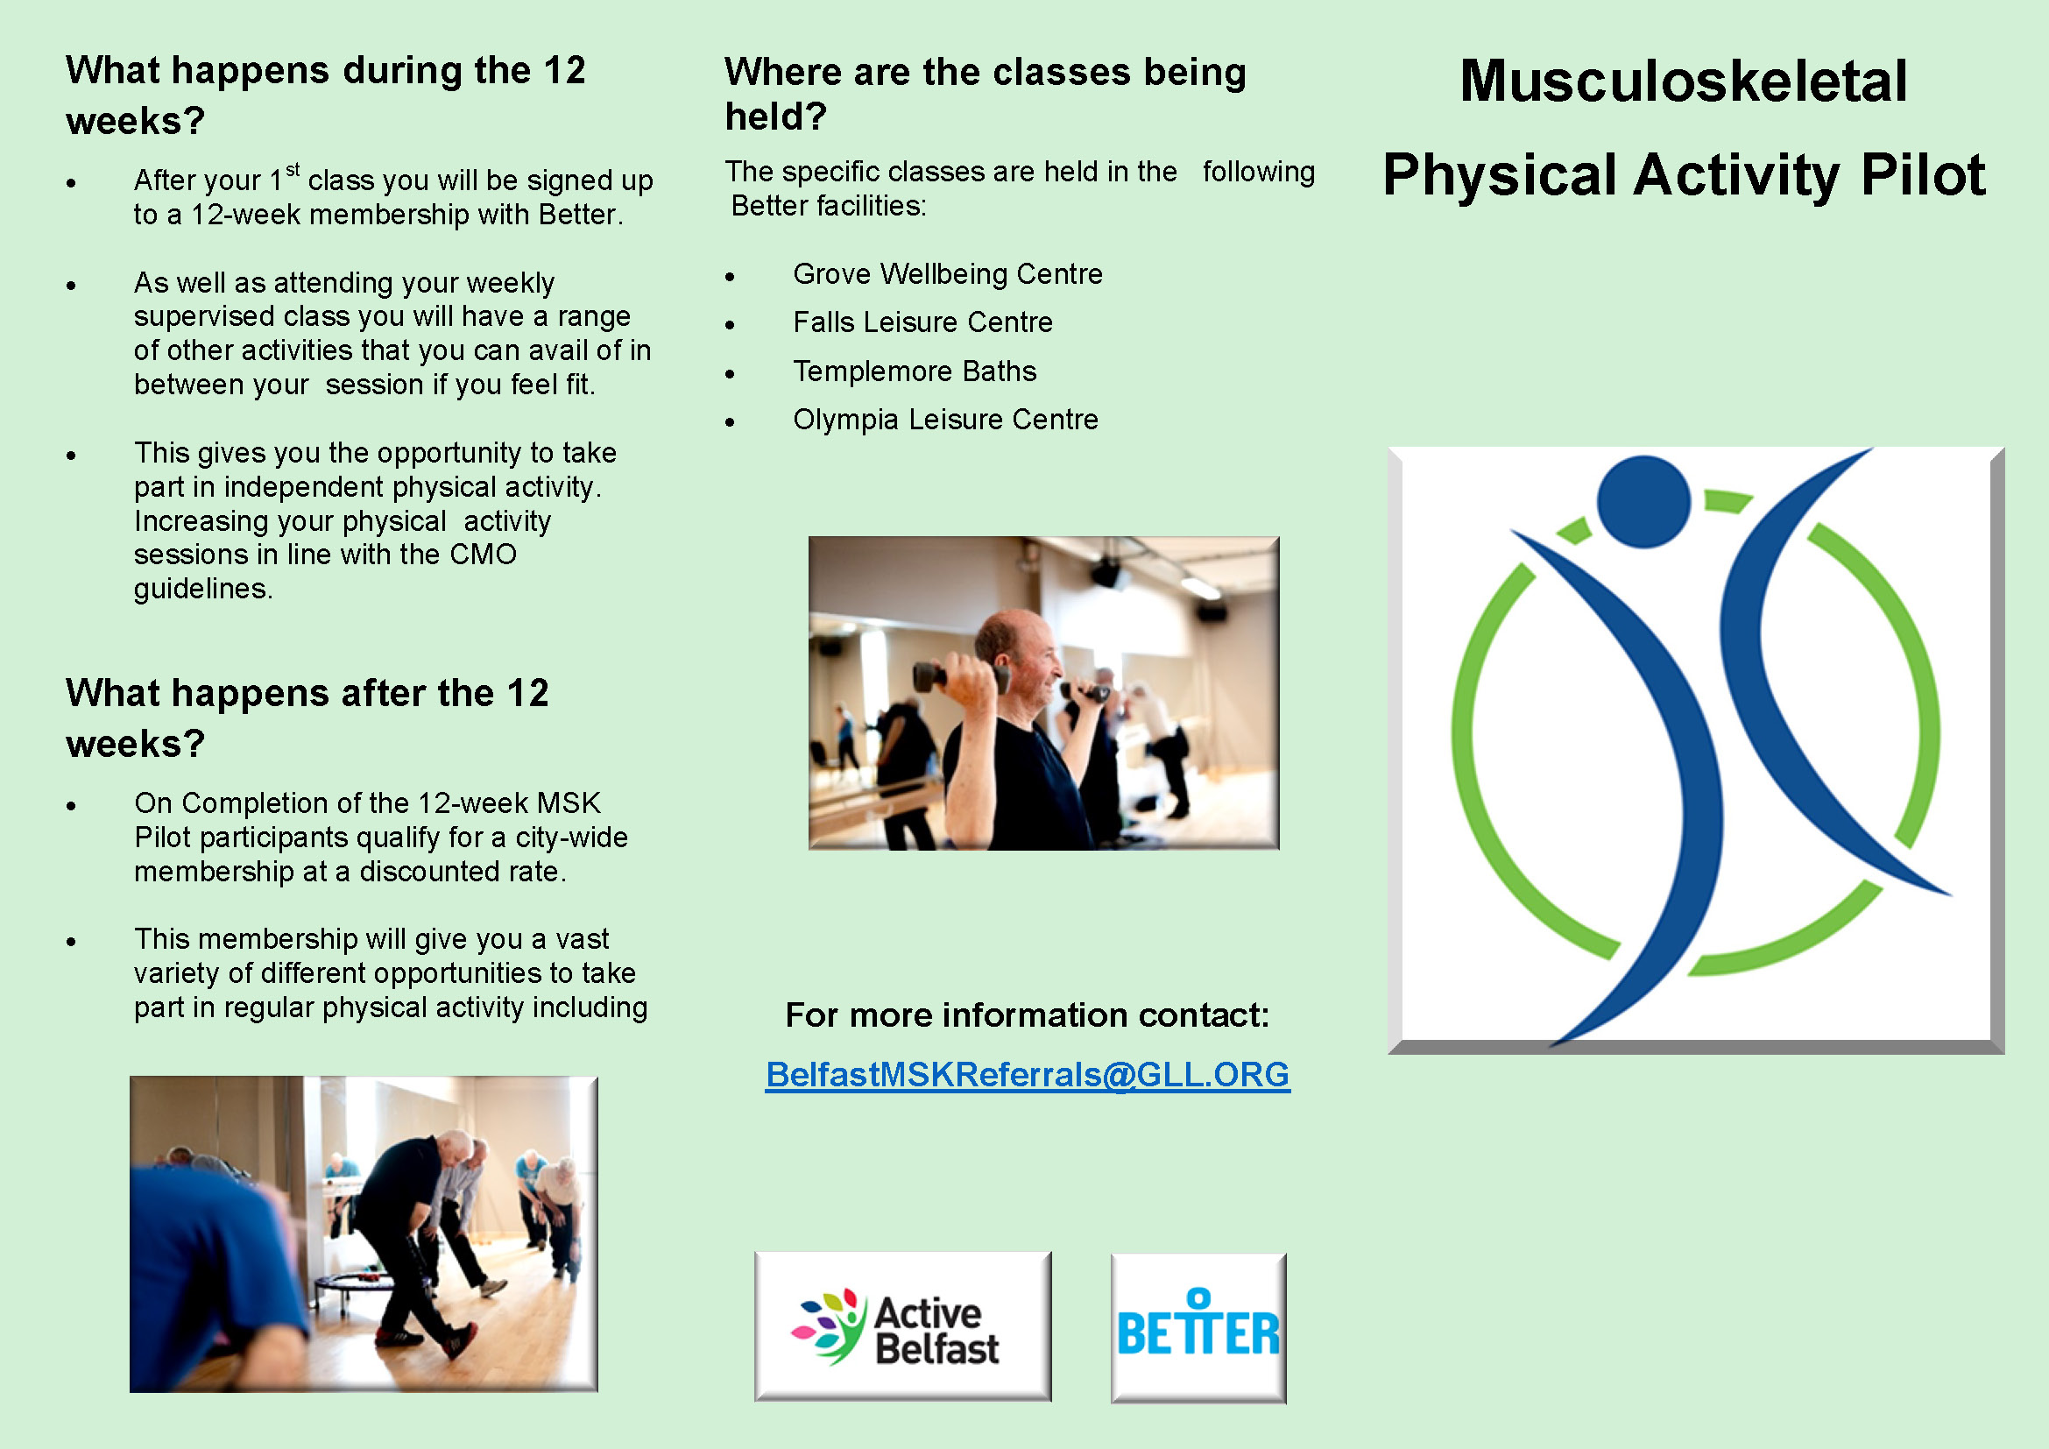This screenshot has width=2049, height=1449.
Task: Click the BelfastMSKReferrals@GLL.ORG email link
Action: click(x=1028, y=1075)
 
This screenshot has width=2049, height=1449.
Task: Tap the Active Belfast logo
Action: click(x=902, y=1325)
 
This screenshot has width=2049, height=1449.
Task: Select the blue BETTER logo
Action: click(x=1198, y=1327)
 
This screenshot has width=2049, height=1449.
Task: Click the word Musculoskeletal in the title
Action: click(x=1683, y=81)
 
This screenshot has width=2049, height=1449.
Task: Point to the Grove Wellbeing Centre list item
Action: click(x=948, y=274)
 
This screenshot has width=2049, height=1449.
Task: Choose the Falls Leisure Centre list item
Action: click(x=922, y=322)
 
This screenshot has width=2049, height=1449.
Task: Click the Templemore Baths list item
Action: click(x=915, y=371)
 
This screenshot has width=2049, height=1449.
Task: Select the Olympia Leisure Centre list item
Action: click(x=946, y=420)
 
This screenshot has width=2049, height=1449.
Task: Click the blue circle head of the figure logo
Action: click(x=1643, y=501)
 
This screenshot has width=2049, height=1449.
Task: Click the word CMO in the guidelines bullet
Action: click(x=483, y=554)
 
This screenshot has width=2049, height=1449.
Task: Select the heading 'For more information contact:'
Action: click(x=1028, y=1015)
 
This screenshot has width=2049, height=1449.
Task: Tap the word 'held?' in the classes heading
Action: click(x=775, y=117)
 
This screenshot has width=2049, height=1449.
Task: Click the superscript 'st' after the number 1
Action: click(x=293, y=170)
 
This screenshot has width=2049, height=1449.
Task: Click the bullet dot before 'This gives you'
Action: click(x=71, y=455)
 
